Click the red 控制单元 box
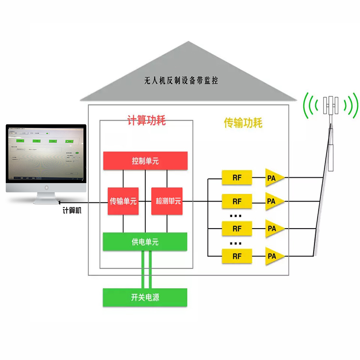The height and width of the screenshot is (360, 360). [x=145, y=161]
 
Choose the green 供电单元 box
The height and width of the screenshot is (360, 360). [x=145, y=242]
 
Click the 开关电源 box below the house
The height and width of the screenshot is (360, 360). [x=145, y=297]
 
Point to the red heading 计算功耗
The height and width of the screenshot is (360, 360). [x=147, y=121]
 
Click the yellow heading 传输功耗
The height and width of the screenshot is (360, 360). [x=243, y=122]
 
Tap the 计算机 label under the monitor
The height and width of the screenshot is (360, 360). [x=72, y=210]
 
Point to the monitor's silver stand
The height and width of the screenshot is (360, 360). [x=45, y=197]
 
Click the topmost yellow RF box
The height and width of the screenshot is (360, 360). [x=237, y=177]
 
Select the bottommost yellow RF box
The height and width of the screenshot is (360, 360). [x=237, y=256]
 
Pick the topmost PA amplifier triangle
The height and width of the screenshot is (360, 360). [x=274, y=177]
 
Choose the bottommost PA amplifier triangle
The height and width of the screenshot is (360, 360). [x=274, y=256]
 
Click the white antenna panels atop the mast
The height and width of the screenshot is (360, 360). [x=332, y=106]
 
